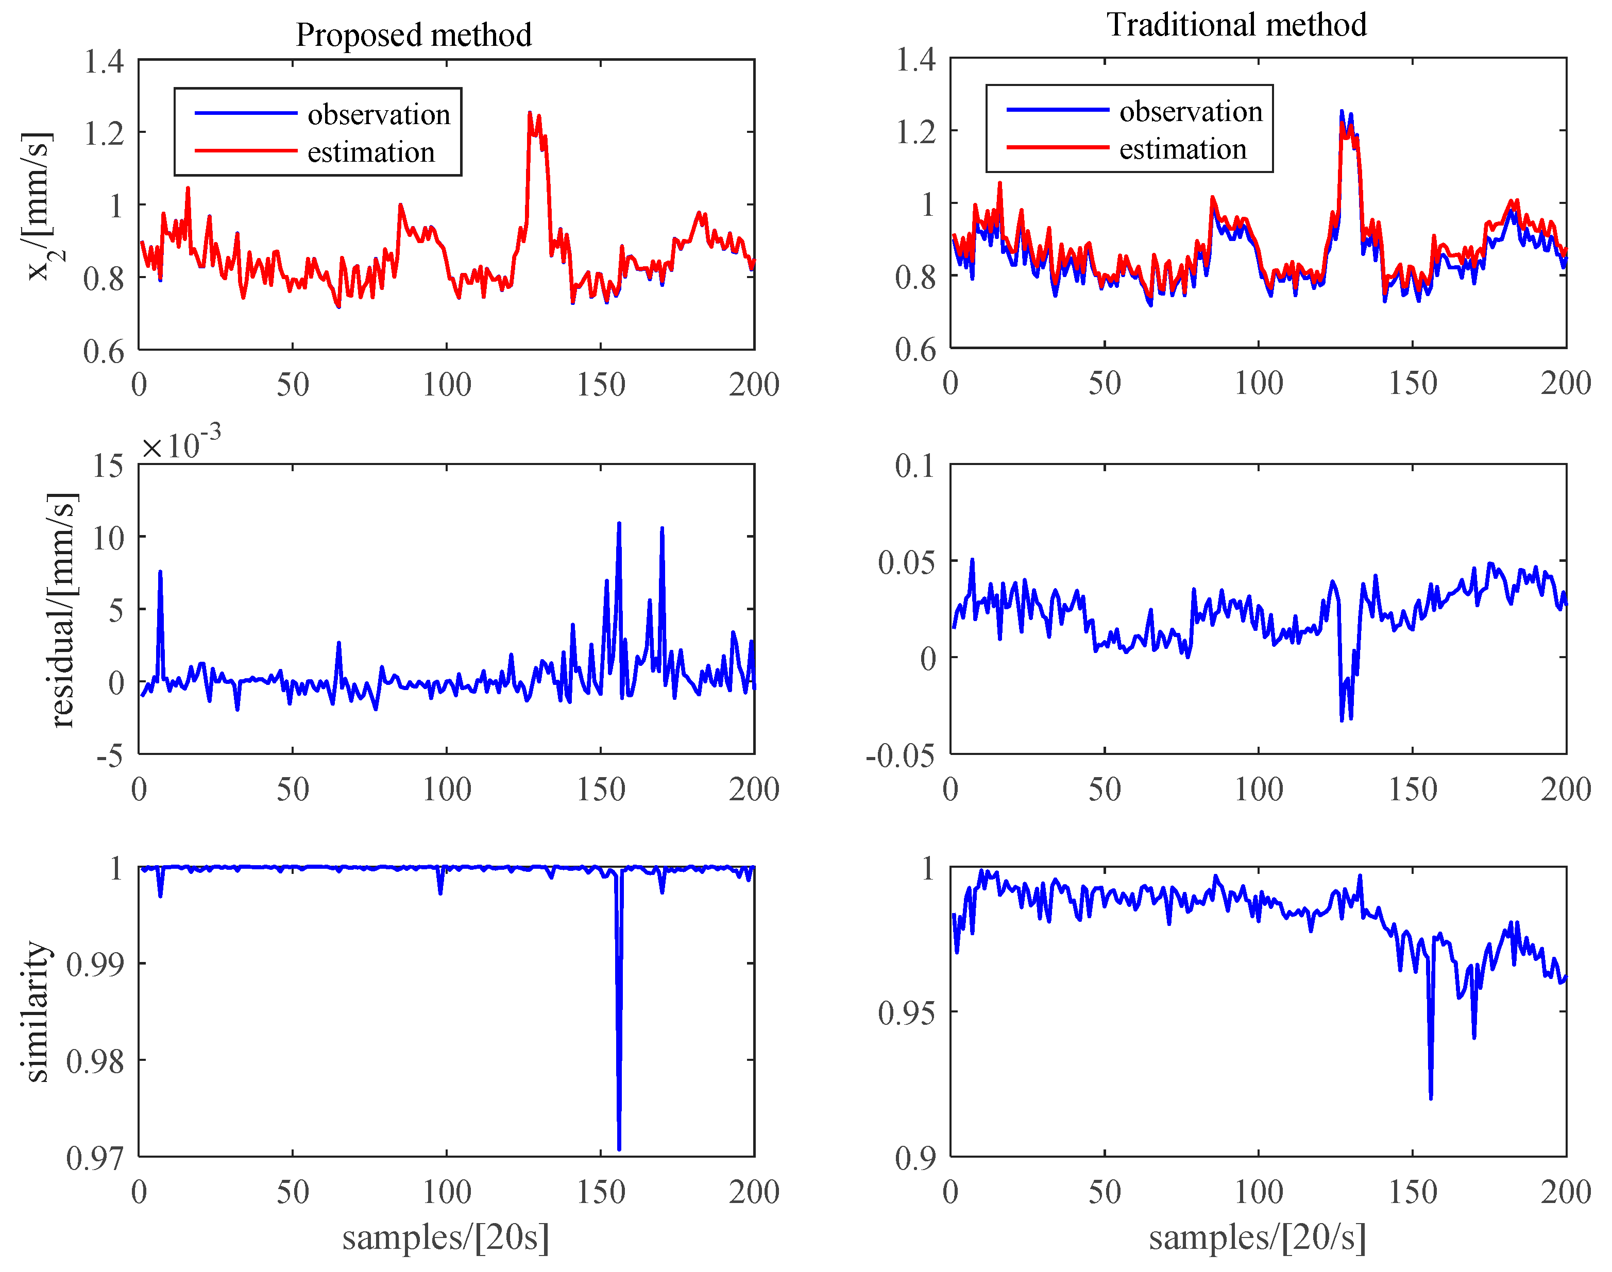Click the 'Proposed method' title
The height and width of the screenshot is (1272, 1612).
click(x=413, y=35)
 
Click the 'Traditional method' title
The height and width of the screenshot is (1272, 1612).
click(x=1236, y=25)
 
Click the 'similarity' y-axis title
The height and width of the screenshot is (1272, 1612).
click(x=36, y=1011)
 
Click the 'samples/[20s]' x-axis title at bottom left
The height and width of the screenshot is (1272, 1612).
click(x=446, y=1237)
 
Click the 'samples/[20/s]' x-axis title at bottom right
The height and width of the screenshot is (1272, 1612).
click(x=1258, y=1237)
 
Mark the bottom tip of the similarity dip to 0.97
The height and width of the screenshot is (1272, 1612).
click(x=619, y=1149)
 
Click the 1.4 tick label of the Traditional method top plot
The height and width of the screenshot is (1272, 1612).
click(x=915, y=60)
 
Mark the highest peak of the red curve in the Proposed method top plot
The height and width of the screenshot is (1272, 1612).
click(x=530, y=113)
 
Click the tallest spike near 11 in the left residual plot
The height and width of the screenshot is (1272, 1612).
click(x=619, y=524)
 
